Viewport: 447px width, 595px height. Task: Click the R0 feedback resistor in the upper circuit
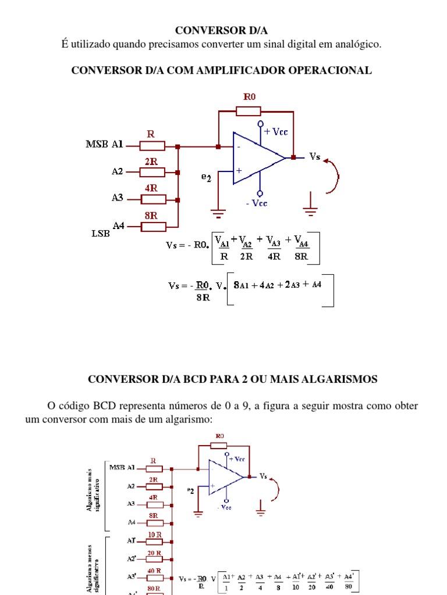tap(249, 110)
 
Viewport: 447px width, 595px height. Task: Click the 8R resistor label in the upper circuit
tap(151, 216)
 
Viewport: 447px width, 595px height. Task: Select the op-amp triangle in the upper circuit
tap(257, 158)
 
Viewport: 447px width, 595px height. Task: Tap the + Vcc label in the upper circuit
tap(276, 132)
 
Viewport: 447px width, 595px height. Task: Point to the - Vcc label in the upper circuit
tap(256, 203)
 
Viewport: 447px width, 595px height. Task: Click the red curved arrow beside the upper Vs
tap(332, 175)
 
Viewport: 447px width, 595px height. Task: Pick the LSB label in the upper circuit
tap(101, 233)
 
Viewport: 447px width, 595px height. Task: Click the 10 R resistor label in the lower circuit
tap(154, 534)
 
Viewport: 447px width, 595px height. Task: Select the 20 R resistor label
tap(154, 553)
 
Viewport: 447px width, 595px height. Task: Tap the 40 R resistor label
tap(154, 571)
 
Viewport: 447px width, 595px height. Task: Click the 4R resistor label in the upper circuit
tap(151, 189)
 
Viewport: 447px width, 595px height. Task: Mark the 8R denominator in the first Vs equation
tap(301, 256)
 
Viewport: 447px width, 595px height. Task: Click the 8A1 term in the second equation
tap(241, 285)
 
